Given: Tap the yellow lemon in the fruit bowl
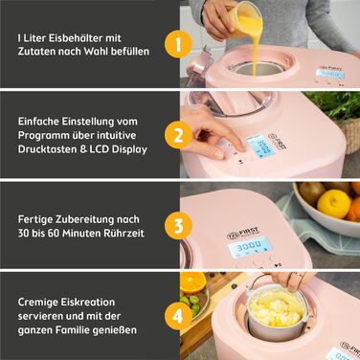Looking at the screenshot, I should click(332, 202).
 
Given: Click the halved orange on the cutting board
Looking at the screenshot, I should click(192, 283).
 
